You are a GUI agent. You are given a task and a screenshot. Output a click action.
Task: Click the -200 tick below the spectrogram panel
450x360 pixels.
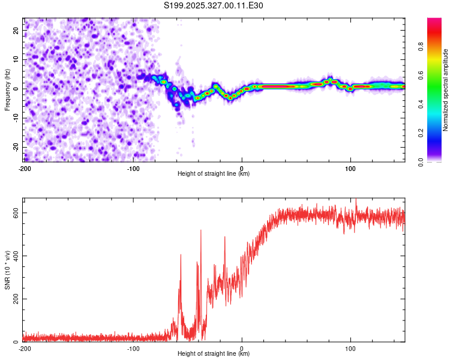coord(25,169)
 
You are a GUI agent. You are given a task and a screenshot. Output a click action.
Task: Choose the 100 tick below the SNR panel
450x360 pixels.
coord(350,349)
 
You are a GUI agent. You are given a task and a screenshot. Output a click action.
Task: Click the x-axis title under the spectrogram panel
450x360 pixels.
coord(214,175)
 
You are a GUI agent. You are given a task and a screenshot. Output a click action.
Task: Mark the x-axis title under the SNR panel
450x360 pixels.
coord(214,355)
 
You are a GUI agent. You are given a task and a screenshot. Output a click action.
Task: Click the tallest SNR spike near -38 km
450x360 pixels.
coord(200,230)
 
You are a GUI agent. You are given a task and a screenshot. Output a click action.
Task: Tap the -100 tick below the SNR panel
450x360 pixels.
coord(133,349)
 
